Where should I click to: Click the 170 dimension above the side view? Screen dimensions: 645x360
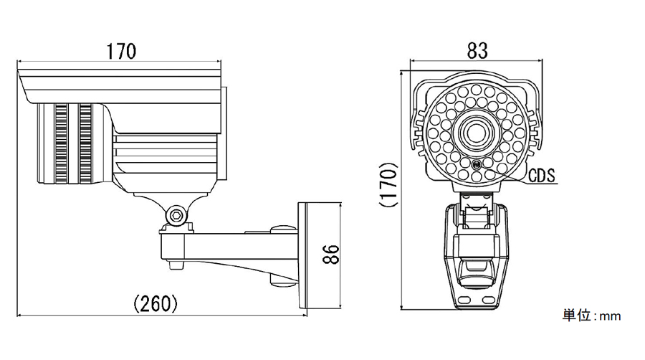121,52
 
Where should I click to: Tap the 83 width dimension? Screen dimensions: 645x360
477,51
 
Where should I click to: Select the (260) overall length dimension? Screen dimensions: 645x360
156,303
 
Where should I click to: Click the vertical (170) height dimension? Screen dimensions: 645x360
388,185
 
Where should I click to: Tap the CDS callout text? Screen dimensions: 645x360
541,176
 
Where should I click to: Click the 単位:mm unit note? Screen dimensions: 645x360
591,316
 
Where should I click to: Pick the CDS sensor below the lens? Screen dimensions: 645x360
477,165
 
